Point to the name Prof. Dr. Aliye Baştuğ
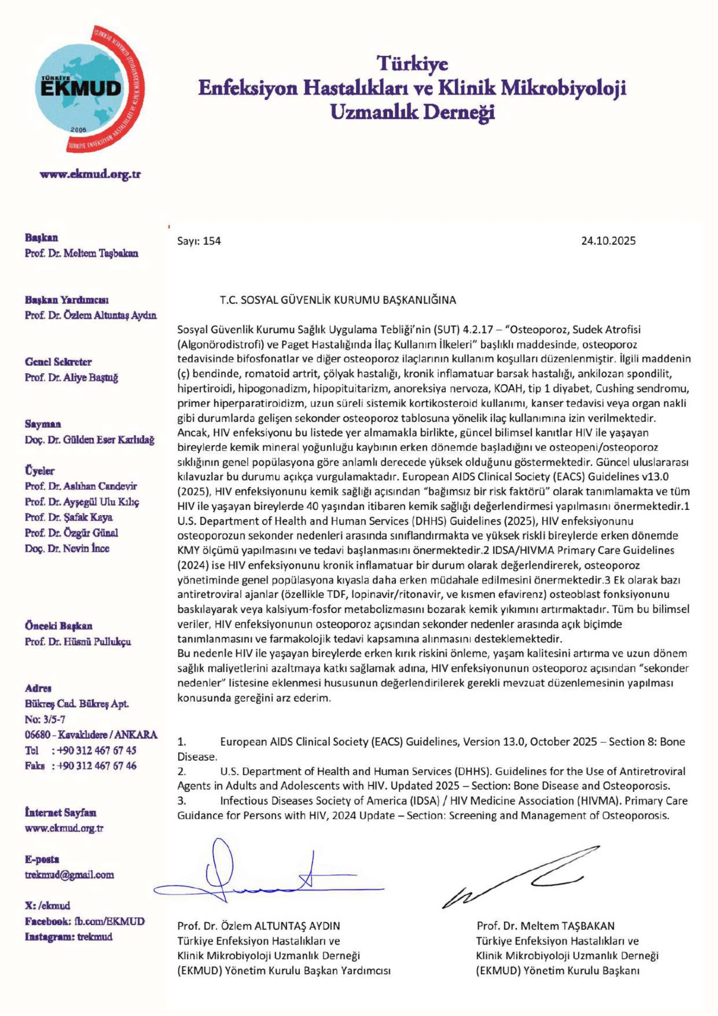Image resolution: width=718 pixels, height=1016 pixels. [72, 377]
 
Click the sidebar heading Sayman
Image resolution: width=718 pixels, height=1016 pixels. [43, 424]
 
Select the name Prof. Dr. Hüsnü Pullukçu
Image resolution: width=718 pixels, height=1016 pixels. [78, 641]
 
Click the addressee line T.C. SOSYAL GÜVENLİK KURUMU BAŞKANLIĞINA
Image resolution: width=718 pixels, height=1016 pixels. [338, 300]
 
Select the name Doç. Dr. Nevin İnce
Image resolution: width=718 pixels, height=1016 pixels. [67, 548]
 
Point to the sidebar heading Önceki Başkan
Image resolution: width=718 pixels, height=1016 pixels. [59, 626]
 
